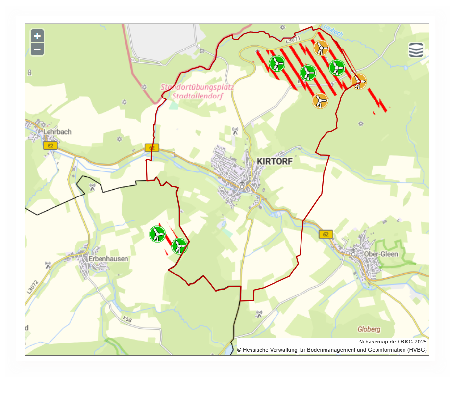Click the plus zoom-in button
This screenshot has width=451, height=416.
click(37, 36)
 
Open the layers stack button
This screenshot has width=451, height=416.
click(416, 50)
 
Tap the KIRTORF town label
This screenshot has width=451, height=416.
click(275, 161)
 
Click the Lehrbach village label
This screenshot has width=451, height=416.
click(57, 132)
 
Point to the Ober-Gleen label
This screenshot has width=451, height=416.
click(381, 254)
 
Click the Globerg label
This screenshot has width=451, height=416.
click(369, 329)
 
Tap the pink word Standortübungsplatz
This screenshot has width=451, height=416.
click(197, 87)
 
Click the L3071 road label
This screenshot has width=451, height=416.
click(293, 38)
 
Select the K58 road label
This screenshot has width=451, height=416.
click(127, 319)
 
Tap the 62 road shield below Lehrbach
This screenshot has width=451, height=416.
click(50, 146)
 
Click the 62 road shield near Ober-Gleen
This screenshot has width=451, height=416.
click(326, 234)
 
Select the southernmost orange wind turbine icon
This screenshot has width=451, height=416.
click(320, 101)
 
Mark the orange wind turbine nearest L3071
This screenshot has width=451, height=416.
click(321, 48)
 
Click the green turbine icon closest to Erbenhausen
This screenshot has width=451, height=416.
click(157, 234)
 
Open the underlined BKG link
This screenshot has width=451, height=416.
click(406, 342)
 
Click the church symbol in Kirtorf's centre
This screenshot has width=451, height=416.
click(242, 185)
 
